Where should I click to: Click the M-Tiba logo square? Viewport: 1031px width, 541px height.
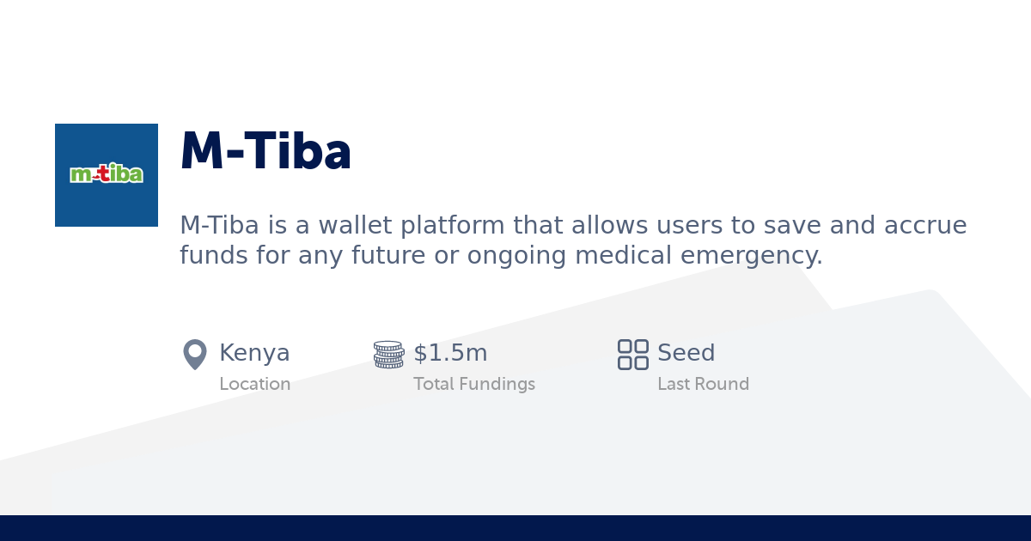point(107,175)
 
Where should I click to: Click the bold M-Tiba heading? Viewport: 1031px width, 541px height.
point(265,153)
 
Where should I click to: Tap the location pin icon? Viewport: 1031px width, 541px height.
point(195,354)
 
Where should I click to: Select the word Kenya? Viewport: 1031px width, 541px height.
point(254,353)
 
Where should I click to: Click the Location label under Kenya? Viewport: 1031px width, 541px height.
point(254,384)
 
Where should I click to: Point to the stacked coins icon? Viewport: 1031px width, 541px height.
point(388,354)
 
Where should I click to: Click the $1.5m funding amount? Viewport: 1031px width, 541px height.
point(450,353)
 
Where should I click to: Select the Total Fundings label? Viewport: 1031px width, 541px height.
point(473,384)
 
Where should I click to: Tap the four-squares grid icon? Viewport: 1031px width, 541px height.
point(633,354)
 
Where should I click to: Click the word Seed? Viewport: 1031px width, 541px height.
point(686,353)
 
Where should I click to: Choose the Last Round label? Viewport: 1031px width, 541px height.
point(703,384)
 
